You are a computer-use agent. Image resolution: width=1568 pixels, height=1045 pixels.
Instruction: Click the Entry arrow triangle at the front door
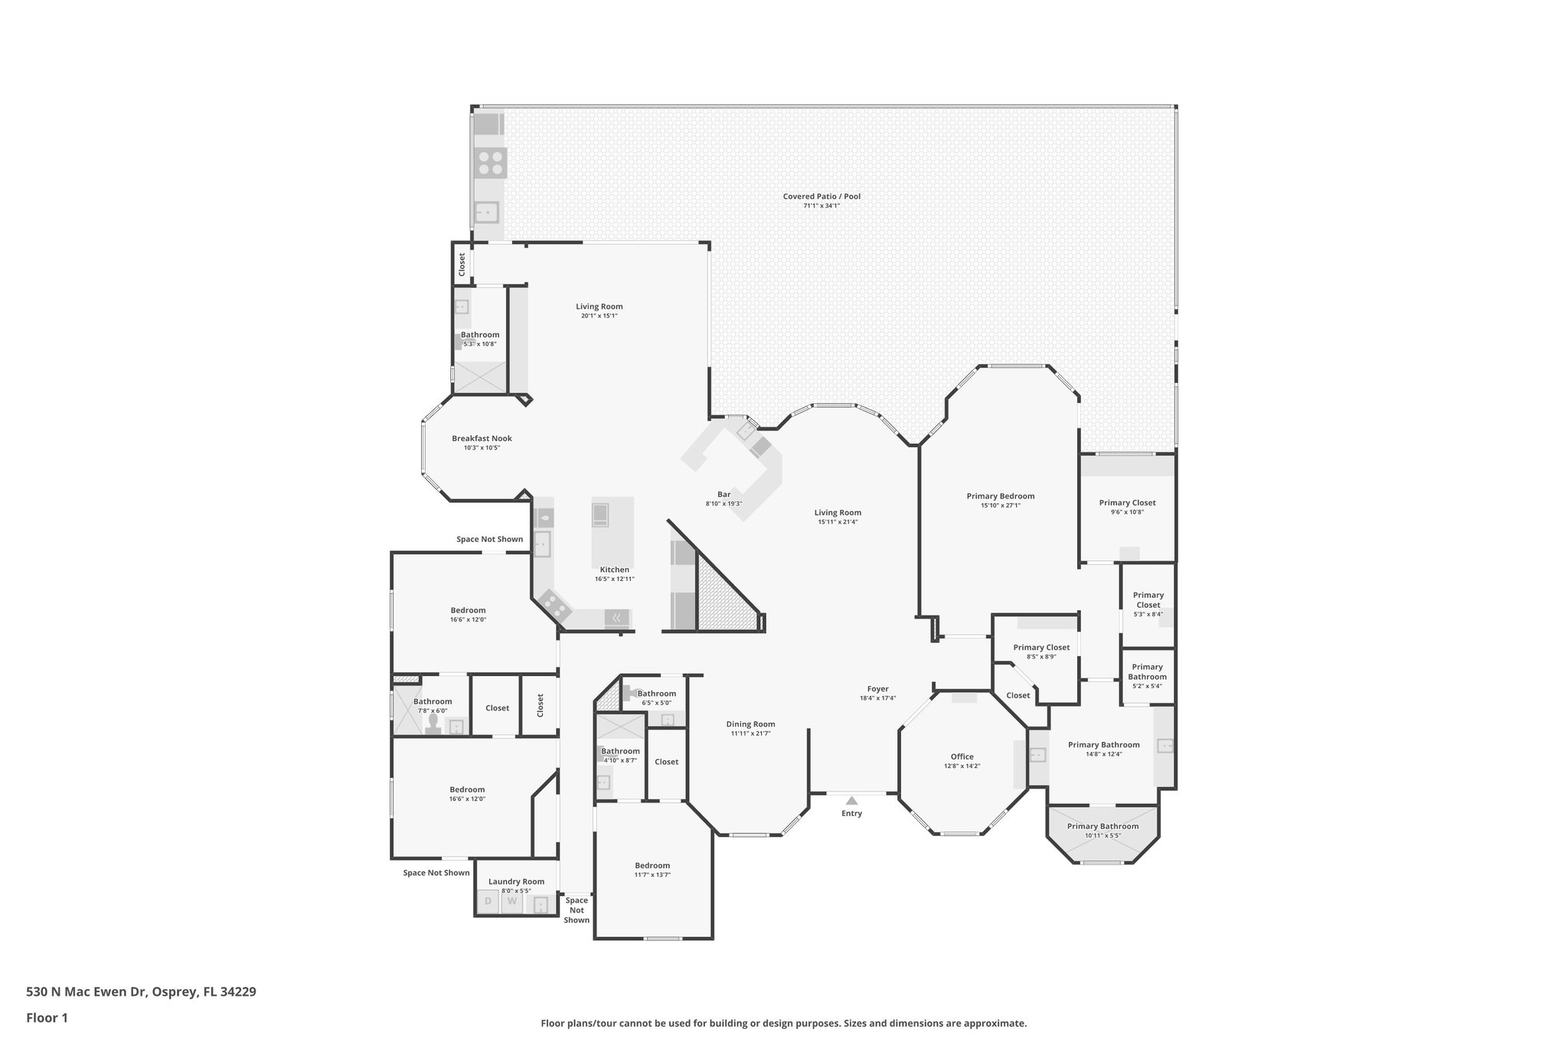pos(851,800)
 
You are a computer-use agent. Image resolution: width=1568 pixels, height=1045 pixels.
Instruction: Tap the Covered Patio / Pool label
pos(822,197)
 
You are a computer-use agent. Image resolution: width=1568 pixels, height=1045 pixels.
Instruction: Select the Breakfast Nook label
pos(482,439)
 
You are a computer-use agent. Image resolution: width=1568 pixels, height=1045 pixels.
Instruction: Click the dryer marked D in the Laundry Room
pos(488,901)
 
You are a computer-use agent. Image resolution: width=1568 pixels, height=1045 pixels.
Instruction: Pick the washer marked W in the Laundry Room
pos(512,901)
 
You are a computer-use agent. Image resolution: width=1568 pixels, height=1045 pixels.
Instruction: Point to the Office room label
pos(962,756)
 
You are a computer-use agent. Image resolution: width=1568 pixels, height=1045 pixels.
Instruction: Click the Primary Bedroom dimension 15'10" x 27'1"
pos(1000,505)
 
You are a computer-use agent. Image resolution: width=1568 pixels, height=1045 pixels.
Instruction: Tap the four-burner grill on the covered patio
pos(491,162)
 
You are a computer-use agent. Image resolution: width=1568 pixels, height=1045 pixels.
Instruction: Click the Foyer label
pos(877,689)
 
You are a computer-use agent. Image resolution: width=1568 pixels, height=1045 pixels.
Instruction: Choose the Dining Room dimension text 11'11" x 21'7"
pos(750,733)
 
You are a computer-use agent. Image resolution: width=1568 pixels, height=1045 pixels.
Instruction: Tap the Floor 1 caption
pos(47,1018)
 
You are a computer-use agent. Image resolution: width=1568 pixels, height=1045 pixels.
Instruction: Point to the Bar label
pos(724,495)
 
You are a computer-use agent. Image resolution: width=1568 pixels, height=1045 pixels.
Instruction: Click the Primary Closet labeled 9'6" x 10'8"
pos(1127,503)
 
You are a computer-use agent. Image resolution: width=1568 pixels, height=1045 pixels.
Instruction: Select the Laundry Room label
pos(516,881)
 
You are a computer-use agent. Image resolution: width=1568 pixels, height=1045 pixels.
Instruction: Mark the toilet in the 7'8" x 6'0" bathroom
pos(433,723)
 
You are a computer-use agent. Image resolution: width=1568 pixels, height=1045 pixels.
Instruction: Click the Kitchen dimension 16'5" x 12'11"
pos(614,579)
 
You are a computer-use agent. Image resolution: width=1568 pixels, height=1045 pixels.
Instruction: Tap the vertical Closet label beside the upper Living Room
pos(462,264)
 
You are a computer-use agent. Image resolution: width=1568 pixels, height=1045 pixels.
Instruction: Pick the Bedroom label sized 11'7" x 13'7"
pos(652,865)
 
